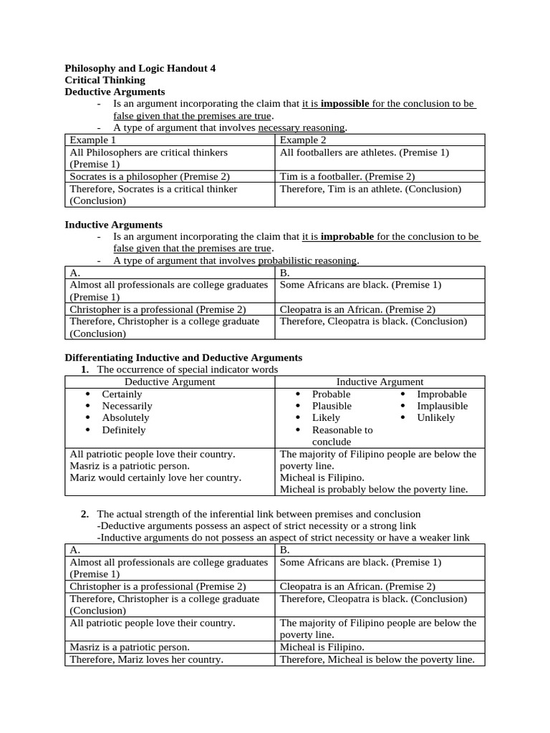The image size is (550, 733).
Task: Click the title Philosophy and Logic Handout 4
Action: click(x=140, y=68)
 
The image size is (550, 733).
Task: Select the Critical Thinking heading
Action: click(x=105, y=80)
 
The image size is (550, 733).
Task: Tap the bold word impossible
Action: click(x=344, y=104)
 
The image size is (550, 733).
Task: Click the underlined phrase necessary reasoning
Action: click(x=301, y=127)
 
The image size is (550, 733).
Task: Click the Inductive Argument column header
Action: click(x=380, y=382)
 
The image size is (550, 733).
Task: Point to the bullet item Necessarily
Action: click(x=127, y=406)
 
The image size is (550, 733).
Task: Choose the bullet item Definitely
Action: click(x=124, y=430)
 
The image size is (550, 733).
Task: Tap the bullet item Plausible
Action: click(x=332, y=406)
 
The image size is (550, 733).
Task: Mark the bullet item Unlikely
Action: click(x=435, y=418)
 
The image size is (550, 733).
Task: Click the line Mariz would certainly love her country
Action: click(x=155, y=477)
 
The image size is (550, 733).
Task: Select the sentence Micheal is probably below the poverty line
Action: click(x=374, y=490)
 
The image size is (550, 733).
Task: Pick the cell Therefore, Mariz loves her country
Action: click(x=146, y=659)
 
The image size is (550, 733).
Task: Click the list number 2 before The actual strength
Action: click(x=85, y=514)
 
